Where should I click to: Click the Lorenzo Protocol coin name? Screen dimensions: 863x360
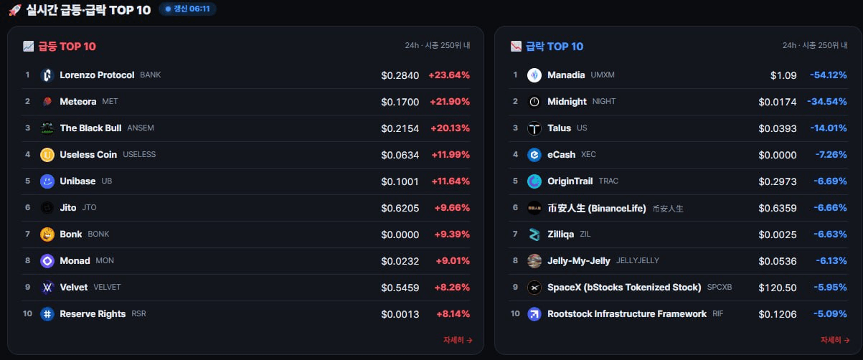point(97,75)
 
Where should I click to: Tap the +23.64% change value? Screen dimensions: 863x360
point(449,75)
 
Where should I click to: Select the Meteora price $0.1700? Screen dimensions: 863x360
point(400,102)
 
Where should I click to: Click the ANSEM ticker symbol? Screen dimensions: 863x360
point(141,128)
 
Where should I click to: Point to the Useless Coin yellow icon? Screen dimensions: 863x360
point(47,155)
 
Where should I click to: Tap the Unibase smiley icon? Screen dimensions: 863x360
point(47,181)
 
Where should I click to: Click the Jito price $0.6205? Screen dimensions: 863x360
point(400,208)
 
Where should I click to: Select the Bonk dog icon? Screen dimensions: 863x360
point(47,235)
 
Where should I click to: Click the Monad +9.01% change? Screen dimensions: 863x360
point(453,261)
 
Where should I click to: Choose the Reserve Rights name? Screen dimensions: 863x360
point(93,314)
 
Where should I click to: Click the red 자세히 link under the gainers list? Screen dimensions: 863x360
point(458,340)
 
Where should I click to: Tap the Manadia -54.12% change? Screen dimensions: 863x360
point(829,75)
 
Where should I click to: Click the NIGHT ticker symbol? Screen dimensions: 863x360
point(604,101)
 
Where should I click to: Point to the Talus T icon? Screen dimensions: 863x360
point(534,128)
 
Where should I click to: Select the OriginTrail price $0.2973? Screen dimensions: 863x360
point(778,181)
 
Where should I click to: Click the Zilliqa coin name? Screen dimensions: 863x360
point(560,234)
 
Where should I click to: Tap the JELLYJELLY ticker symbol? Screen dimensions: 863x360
point(638,260)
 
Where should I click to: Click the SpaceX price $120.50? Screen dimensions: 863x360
point(778,288)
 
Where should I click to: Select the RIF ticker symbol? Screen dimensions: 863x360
point(718,314)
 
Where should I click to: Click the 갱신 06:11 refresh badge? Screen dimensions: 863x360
point(188,9)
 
